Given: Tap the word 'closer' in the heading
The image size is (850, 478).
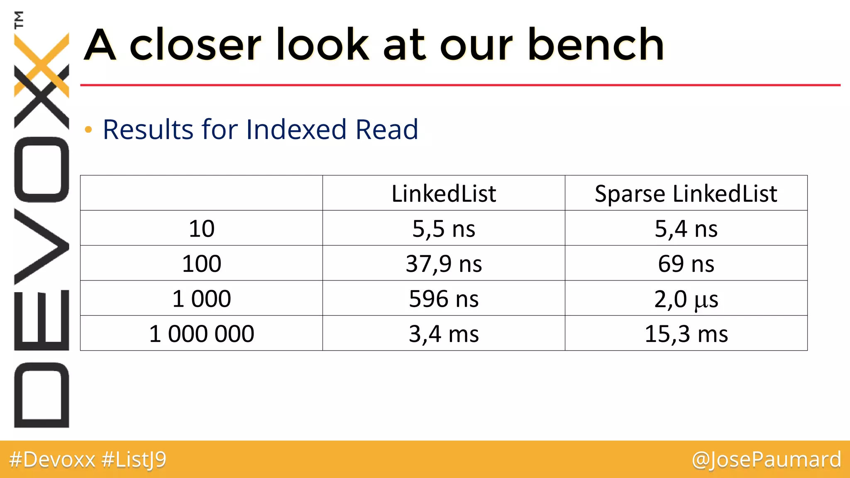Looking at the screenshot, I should coord(195,45).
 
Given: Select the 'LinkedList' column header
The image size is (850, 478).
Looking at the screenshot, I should coord(444,193).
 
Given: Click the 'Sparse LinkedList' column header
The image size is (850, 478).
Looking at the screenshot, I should coord(686,193).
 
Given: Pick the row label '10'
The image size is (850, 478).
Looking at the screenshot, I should coord(201,229).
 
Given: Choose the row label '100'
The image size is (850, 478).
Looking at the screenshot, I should coord(201,263).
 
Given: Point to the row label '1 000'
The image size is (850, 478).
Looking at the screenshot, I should coord(201,299).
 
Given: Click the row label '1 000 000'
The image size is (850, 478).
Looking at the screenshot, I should coord(201,334).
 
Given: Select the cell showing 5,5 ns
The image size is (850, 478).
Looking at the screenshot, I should coord(444,229).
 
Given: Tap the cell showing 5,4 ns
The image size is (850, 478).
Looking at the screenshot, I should coord(686,229).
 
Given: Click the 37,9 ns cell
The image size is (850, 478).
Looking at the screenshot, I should coord(444,263).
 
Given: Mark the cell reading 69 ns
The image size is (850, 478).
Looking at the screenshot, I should coord(686,263).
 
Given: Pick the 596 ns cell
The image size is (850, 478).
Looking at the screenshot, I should coord(444,299).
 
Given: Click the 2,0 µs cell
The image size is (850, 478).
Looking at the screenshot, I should coord(686,299).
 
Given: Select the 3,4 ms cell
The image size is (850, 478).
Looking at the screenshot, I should coord(444,334).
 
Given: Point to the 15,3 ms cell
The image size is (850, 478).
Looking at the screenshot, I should coord(686,334).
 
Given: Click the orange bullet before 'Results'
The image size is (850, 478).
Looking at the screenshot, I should coord(88,130).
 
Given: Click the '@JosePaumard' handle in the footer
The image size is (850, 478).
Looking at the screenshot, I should coord(766,459).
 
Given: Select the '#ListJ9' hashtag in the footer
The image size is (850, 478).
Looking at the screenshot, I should coord(134,459).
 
